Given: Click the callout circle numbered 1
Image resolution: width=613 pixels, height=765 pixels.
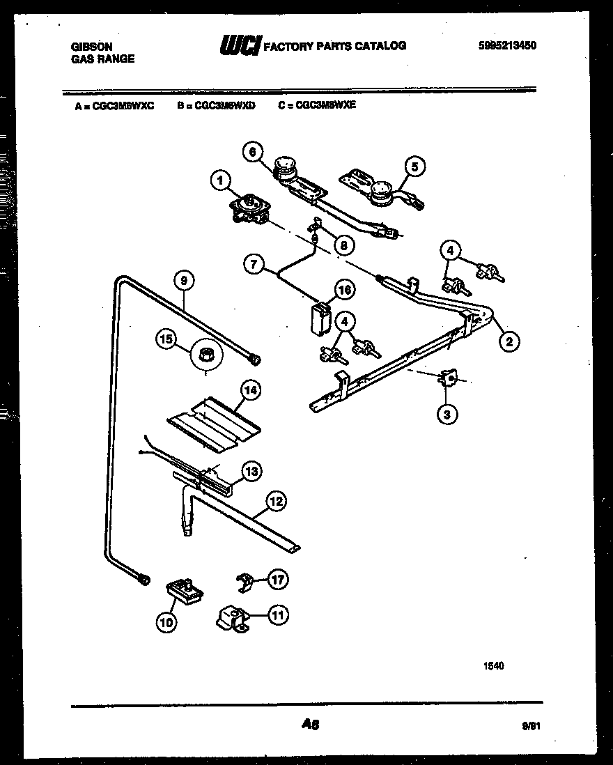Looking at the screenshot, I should pos(220,181).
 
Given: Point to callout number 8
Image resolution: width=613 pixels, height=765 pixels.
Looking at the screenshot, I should pos(343,245).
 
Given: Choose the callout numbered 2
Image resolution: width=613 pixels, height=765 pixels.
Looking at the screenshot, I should pos(509,341).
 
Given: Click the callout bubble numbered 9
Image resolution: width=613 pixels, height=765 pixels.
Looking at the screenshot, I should pos(183,281).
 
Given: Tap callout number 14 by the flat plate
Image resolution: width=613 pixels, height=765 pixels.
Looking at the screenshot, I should pos(251,391).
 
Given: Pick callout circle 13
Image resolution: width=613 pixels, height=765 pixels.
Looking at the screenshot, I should pos(251,472).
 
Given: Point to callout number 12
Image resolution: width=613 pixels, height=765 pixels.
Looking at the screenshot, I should pos(276,500).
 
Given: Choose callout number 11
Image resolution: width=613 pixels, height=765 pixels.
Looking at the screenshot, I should pos(278,615).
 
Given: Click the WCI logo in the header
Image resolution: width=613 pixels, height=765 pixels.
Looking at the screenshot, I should pos(240,46).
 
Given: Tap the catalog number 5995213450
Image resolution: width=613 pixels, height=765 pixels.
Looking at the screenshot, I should pos(508,46).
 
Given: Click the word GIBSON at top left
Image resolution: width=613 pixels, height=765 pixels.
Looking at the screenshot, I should pos(91,47).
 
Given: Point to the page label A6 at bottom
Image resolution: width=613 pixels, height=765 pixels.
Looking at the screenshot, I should pos(310,725).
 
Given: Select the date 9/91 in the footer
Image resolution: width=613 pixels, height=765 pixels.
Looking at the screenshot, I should pos(531,725).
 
